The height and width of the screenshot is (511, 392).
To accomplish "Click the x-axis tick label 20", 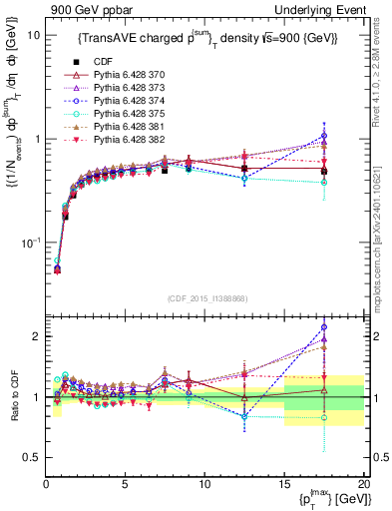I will click(x=363, y=484).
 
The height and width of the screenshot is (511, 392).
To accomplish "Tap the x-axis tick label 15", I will click(x=283, y=484).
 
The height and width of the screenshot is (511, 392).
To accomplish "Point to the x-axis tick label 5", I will click(x=125, y=484).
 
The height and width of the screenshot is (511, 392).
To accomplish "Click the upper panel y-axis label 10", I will click(x=32, y=35).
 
